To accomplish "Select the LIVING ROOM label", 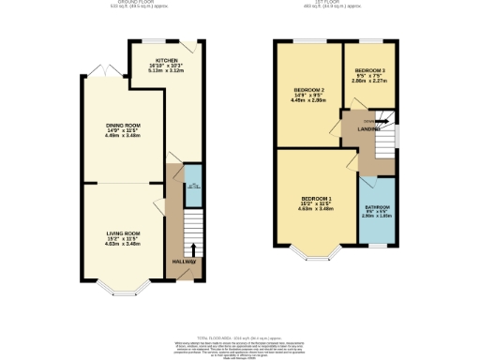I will pos(122,232).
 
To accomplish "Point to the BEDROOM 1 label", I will pos(316,198).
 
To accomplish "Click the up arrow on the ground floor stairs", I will pos(193,248).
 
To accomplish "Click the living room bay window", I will pos(122,284).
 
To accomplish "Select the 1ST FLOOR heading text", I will pos(336,4).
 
